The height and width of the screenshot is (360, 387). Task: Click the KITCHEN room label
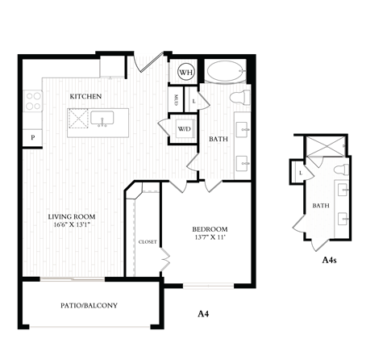85,97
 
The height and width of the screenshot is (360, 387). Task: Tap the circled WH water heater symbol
185,72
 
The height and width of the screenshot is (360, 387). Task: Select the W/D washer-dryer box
184,129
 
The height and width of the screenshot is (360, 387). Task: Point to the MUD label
177,99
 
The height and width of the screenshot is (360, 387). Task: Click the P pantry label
33,139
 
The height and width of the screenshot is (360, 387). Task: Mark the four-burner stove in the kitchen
33,101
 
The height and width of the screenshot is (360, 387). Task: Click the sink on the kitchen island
102,119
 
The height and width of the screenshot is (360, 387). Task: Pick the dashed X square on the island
78,120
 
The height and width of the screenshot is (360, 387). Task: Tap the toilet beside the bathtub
239,98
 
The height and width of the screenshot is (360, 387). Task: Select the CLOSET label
148,241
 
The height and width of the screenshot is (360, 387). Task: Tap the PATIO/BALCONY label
89,305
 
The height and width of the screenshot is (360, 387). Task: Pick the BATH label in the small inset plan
321,206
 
